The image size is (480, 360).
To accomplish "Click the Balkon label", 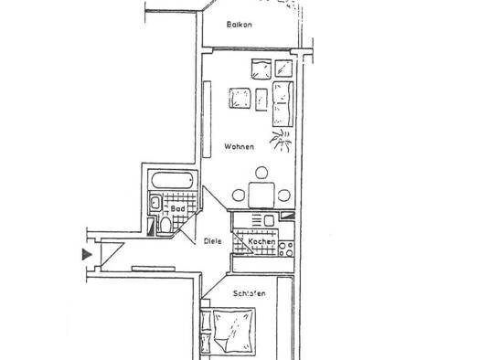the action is [x=239, y=25].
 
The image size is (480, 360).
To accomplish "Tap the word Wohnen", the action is [x=239, y=146].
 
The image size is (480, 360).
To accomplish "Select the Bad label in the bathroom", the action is [x=177, y=208].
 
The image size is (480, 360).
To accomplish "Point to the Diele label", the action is [x=213, y=241].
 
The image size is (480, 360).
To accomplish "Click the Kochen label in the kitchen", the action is [x=261, y=241].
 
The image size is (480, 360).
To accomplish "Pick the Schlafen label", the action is [x=250, y=293].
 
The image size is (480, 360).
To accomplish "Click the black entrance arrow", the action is [x=87, y=255].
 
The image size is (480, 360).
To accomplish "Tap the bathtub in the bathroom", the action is [x=173, y=181].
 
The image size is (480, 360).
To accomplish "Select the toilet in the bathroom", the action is [x=165, y=225].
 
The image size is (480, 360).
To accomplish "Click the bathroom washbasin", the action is [x=155, y=202].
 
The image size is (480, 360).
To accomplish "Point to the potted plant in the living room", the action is [x=281, y=140].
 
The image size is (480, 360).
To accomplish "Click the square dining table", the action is [x=261, y=196].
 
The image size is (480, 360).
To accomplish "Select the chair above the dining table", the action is [x=261, y=173].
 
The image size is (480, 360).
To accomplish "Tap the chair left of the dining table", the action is [x=239, y=196].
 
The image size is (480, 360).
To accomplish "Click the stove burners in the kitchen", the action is [x=287, y=249].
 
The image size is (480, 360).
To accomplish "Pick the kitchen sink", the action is [x=269, y=220].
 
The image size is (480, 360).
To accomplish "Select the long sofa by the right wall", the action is [x=283, y=104].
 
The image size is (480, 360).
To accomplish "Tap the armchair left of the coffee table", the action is [x=240, y=98].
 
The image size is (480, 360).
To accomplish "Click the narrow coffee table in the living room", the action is [x=261, y=100].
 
